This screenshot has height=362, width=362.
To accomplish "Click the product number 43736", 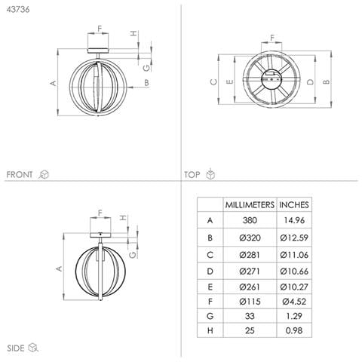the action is [x=18, y=10].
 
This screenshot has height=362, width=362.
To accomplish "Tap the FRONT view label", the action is [x=20, y=174].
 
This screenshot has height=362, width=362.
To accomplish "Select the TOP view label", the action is [x=192, y=175].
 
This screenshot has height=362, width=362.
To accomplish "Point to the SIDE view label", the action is [x=16, y=348].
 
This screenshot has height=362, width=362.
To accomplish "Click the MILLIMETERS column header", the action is [x=250, y=205].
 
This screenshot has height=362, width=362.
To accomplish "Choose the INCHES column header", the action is [x=294, y=205].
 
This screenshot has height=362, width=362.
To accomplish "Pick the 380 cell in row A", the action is [x=250, y=220].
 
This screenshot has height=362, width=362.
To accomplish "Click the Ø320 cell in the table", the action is [x=250, y=238].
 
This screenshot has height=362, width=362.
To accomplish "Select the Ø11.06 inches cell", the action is [x=294, y=255].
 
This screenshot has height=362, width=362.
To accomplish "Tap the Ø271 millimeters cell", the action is [x=250, y=271].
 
